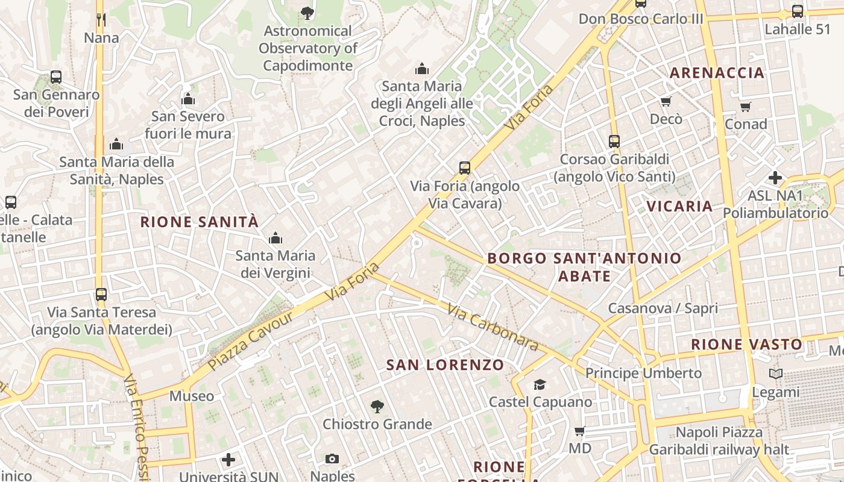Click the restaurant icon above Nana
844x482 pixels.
[x=101, y=20]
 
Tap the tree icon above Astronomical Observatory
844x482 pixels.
[x=307, y=13]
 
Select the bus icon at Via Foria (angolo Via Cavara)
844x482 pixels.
[x=464, y=168]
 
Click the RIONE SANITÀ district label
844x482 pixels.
[x=200, y=222]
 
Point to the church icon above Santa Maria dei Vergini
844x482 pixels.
[x=276, y=238]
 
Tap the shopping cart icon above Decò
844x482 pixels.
[x=666, y=101]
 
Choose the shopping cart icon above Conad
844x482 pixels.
[x=746, y=107]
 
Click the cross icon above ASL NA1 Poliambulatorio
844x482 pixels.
[x=775, y=178]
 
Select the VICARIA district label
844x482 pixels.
[x=679, y=206]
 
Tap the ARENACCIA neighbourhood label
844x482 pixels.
[x=717, y=73]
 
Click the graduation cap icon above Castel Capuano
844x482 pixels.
[x=540, y=384]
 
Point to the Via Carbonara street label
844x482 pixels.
[x=492, y=327]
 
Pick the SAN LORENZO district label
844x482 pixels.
[x=445, y=365]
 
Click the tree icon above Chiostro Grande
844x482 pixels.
[x=377, y=407]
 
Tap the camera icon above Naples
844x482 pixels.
[x=332, y=459]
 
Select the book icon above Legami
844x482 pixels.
[x=776, y=374]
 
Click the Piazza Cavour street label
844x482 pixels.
[x=250, y=341]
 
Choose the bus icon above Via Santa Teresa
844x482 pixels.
[x=101, y=295]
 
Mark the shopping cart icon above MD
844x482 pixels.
[x=580, y=431]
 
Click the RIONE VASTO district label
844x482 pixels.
[x=746, y=345]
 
